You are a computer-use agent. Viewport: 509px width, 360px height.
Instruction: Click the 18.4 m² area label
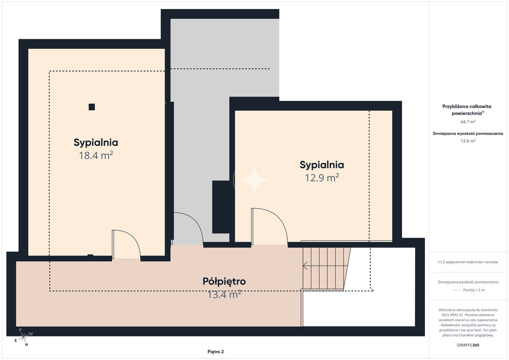point(96,155)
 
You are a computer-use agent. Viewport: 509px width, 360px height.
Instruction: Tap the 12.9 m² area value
point(322,178)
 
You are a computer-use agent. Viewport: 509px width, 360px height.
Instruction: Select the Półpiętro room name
point(224,281)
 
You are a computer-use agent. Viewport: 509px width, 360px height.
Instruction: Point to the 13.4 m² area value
point(224,294)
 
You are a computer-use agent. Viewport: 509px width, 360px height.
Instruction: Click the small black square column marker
point(92,107)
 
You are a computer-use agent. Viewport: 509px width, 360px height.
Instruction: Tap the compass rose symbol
point(23,337)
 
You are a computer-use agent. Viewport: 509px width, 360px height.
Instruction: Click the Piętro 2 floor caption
point(216,352)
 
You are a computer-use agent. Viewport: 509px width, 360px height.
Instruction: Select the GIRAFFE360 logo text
point(468,345)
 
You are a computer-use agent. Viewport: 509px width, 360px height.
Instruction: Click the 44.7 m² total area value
point(468,122)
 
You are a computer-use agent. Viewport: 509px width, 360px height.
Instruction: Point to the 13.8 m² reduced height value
point(468,141)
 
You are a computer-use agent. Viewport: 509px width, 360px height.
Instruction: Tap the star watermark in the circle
point(254,180)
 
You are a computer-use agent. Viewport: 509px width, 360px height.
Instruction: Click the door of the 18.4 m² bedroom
point(126,244)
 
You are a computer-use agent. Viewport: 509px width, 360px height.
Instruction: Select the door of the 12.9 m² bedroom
point(269,226)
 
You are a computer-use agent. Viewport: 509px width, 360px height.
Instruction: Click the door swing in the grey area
point(188,228)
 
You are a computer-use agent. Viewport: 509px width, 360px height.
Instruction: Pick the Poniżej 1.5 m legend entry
point(468,290)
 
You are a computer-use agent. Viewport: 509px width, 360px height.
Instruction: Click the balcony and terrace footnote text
point(468,262)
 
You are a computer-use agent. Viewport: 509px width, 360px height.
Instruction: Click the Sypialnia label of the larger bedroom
point(96,142)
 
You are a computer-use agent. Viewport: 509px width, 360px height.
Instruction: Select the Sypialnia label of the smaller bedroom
point(322,165)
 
